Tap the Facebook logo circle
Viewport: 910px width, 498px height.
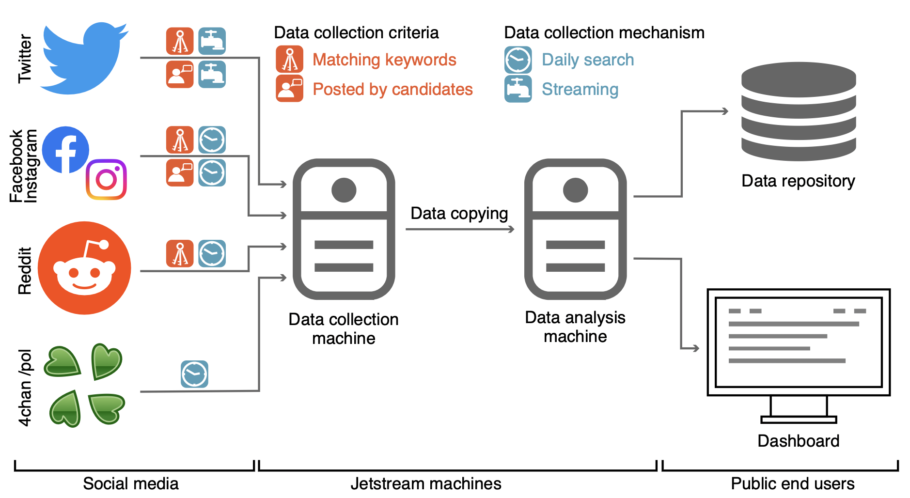coord(65,150)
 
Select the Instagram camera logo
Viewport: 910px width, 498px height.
coord(106,179)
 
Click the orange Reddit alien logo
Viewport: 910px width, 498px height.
coord(84,268)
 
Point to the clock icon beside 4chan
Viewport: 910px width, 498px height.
coord(194,374)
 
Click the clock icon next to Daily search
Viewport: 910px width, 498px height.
coord(518,60)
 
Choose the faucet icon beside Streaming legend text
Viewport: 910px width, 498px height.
coord(518,89)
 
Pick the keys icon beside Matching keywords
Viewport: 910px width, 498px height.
coord(289,60)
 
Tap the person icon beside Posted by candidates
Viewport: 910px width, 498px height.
coord(289,89)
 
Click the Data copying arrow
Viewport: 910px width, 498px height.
coord(459,229)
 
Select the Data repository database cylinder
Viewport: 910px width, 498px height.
coord(798,112)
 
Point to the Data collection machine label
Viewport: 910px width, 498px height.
coord(344,328)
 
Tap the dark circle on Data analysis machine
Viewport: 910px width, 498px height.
coord(575,190)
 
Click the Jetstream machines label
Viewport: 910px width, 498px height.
coord(425,483)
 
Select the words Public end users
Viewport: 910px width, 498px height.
coord(792,483)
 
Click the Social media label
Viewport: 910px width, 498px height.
coord(131,483)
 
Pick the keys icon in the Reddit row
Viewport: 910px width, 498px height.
coord(180,253)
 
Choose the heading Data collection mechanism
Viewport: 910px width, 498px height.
coord(604,32)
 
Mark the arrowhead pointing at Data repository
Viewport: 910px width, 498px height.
coord(725,111)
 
